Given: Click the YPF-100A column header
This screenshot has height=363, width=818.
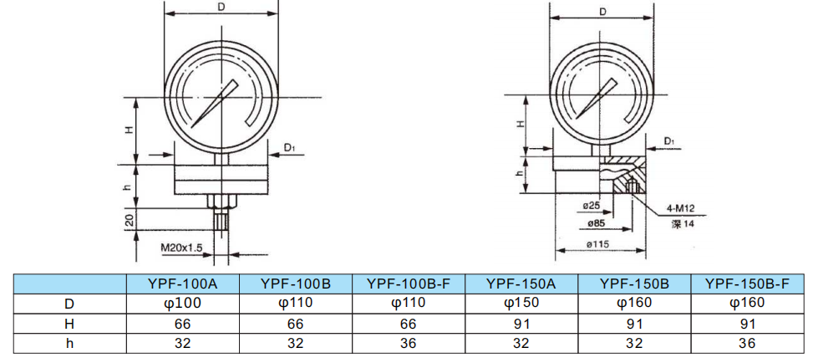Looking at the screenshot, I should click(x=183, y=284).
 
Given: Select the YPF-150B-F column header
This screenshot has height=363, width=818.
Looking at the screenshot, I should click(x=747, y=284).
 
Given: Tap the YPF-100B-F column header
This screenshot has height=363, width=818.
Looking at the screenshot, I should click(x=409, y=284).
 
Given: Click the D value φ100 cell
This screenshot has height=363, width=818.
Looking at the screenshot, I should click(x=183, y=303).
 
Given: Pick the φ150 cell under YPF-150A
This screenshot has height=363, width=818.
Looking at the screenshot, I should click(x=521, y=303).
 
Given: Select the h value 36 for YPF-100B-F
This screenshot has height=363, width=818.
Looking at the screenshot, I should click(x=409, y=341).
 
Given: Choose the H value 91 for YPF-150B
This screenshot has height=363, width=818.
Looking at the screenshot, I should click(x=634, y=322).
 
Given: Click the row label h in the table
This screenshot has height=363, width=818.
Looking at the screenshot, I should click(x=69, y=341).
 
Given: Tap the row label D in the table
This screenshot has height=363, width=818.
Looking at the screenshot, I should click(x=69, y=303).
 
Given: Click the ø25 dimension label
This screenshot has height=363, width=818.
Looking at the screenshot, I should click(x=592, y=205).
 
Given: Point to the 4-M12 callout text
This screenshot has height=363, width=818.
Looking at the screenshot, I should click(x=682, y=208).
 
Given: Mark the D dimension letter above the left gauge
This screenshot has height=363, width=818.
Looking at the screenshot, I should click(x=221, y=7).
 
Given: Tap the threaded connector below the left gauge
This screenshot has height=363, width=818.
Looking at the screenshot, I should click(x=221, y=223).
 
